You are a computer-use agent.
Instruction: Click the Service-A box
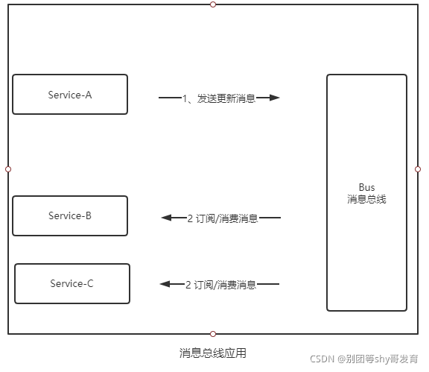point(70,94)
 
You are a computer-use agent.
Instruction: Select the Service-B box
point(70,216)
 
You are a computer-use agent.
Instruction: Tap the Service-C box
point(72,283)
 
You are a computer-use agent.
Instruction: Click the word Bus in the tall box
point(366,187)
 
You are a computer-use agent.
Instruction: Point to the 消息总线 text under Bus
point(366,199)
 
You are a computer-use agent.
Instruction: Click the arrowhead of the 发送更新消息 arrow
point(274,98)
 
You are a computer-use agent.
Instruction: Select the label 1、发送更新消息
point(219,98)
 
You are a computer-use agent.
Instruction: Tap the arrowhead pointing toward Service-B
point(166,218)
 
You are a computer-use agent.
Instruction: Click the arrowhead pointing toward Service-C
point(165,284)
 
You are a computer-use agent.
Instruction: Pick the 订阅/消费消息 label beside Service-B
point(223,218)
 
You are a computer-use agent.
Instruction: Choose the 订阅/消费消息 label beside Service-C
point(220,285)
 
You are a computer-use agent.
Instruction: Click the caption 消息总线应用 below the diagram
point(213,353)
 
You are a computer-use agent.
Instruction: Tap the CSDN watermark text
point(364,359)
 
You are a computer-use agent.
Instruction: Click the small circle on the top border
point(213,4)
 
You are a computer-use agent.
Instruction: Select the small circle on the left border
point(8,169)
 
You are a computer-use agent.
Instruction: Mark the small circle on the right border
point(418,169)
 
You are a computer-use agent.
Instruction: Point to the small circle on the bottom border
point(213,334)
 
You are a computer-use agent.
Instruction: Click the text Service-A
point(70,95)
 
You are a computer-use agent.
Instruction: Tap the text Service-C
point(71,283)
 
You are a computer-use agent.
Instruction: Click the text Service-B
point(70,216)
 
